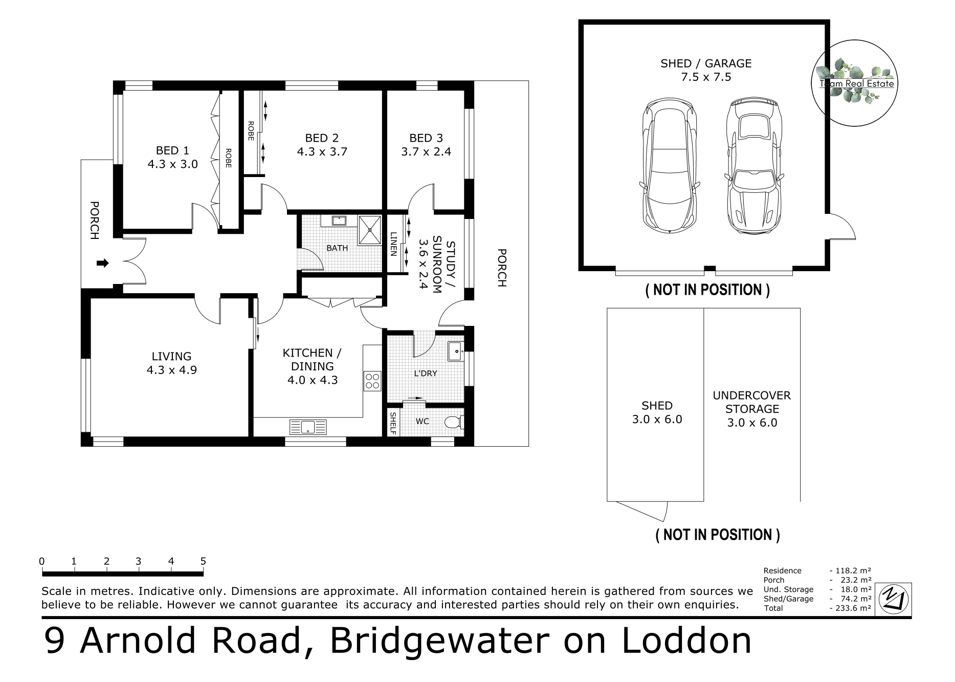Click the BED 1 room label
tap(172, 150)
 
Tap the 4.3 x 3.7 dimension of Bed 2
tap(322, 151)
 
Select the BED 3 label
tap(426, 138)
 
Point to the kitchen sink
tap(308, 427)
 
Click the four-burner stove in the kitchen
tap(372, 381)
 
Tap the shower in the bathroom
tap(369, 230)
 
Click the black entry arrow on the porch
tap(103, 263)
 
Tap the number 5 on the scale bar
tap(203, 561)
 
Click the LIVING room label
tap(171, 356)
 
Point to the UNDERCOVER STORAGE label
tap(752, 402)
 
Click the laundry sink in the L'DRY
tap(455, 351)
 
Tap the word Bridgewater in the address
tap(440, 640)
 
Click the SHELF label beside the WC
tap(393, 423)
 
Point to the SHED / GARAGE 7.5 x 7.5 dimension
tap(706, 77)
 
